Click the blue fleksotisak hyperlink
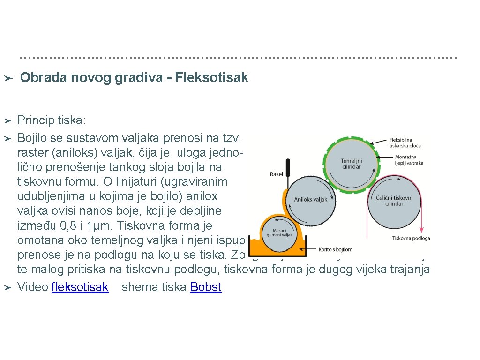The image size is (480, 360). click(x=80, y=287)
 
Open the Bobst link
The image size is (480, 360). click(x=206, y=287)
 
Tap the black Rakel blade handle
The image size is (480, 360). click(x=288, y=168)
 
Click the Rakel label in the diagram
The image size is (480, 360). click(x=276, y=174)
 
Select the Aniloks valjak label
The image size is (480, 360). click(x=310, y=200)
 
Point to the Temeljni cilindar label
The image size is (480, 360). click(x=351, y=164)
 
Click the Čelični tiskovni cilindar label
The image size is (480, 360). click(x=394, y=201)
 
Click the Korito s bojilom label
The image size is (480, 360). click(x=335, y=249)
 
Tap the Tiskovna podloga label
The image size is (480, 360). click(x=411, y=238)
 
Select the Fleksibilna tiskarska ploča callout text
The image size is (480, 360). click(x=405, y=142)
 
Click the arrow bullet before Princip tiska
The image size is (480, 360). click(x=7, y=121)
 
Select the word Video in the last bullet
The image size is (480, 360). click(x=32, y=287)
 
